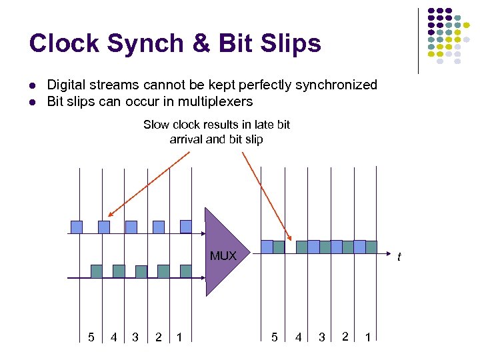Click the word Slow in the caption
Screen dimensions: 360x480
[x=157, y=125]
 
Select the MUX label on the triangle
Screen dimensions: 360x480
[x=223, y=256]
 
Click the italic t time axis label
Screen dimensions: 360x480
[x=399, y=257]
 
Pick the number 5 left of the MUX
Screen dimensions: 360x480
[x=91, y=337]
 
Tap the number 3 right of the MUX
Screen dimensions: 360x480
[x=321, y=337]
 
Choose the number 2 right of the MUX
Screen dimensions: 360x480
[x=344, y=337]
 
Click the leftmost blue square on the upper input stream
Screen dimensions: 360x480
[x=77, y=227]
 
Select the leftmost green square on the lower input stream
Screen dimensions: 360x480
[x=96, y=271]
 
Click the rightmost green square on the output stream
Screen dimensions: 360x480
[x=371, y=247]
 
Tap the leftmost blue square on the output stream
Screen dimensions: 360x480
[x=267, y=247]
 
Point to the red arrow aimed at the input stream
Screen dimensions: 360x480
[x=147, y=187]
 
